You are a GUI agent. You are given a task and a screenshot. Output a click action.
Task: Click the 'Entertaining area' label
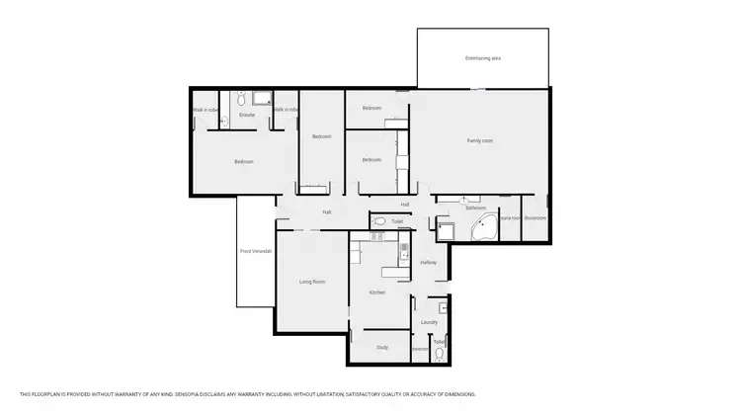(483, 59)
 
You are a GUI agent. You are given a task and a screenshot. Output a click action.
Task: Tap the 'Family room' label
(480, 141)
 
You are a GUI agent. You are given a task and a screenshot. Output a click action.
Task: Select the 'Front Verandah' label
(256, 251)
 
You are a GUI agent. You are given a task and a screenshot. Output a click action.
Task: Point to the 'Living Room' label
(312, 282)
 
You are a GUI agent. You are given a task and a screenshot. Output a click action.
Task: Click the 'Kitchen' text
(376, 292)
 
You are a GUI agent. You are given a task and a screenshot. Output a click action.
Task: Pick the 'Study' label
(382, 347)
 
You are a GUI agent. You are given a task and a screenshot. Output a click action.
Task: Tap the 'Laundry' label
(429, 322)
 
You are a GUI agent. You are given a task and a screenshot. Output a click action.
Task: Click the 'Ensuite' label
(247, 115)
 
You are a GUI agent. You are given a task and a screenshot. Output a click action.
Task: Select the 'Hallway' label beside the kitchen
(428, 262)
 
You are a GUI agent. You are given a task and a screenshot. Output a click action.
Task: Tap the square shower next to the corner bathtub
(446, 230)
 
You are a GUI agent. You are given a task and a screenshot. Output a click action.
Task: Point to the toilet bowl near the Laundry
(440, 353)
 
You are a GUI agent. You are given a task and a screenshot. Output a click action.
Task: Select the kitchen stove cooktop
(375, 237)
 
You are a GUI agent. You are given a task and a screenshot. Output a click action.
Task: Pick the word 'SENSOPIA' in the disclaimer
(172, 394)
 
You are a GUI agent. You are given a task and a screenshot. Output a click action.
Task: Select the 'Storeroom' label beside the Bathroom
(535, 217)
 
